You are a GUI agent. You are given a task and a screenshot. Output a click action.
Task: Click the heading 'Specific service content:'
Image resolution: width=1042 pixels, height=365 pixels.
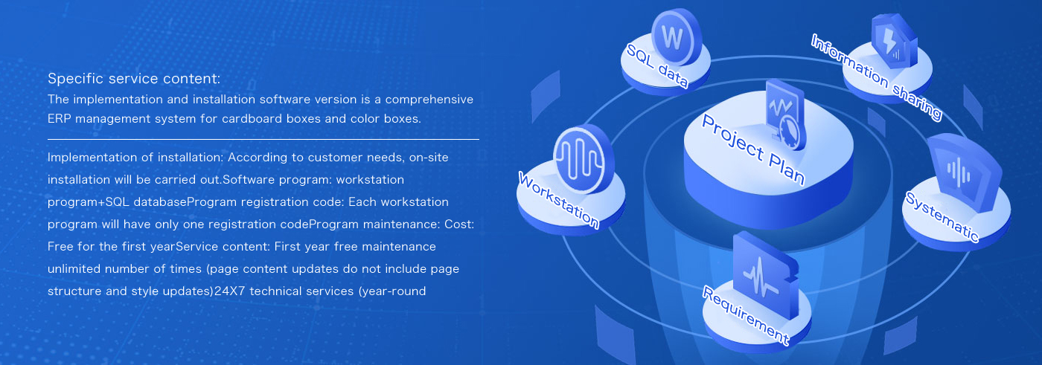pos(134,79)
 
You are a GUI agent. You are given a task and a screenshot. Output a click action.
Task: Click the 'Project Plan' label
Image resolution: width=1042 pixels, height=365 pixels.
pos(752,149)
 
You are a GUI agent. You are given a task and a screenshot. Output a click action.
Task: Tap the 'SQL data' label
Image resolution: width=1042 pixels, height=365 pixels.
pos(657,65)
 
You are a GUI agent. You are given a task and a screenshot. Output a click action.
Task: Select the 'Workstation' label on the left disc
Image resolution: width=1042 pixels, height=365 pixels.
pos(559,200)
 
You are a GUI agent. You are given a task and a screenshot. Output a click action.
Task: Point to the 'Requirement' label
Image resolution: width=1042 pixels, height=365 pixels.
pos(746,315)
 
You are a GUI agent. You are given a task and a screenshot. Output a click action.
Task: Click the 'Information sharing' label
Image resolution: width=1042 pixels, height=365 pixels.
pos(877,77)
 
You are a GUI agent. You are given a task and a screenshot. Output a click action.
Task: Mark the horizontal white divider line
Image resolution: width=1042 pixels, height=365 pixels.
pos(263,139)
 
